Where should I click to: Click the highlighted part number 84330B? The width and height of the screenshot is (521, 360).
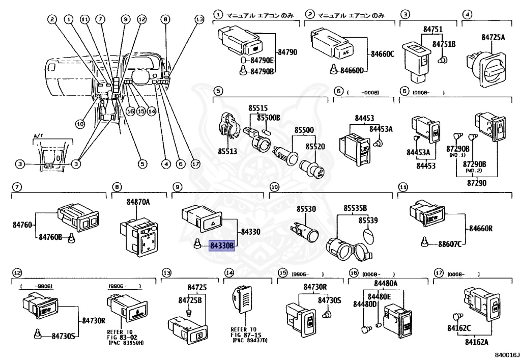pyautogui.click(x=222, y=245)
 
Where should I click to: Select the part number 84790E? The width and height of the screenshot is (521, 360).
pyautogui.click(x=262, y=60)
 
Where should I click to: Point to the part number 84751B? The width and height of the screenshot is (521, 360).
pyautogui.click(x=444, y=44)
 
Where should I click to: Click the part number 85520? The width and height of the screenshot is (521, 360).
pyautogui.click(x=315, y=147)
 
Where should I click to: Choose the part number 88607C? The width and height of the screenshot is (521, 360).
pyautogui.click(x=450, y=244)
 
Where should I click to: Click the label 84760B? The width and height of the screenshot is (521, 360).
pyautogui.click(x=49, y=237)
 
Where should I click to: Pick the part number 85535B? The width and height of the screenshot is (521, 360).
pyautogui.click(x=355, y=208)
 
